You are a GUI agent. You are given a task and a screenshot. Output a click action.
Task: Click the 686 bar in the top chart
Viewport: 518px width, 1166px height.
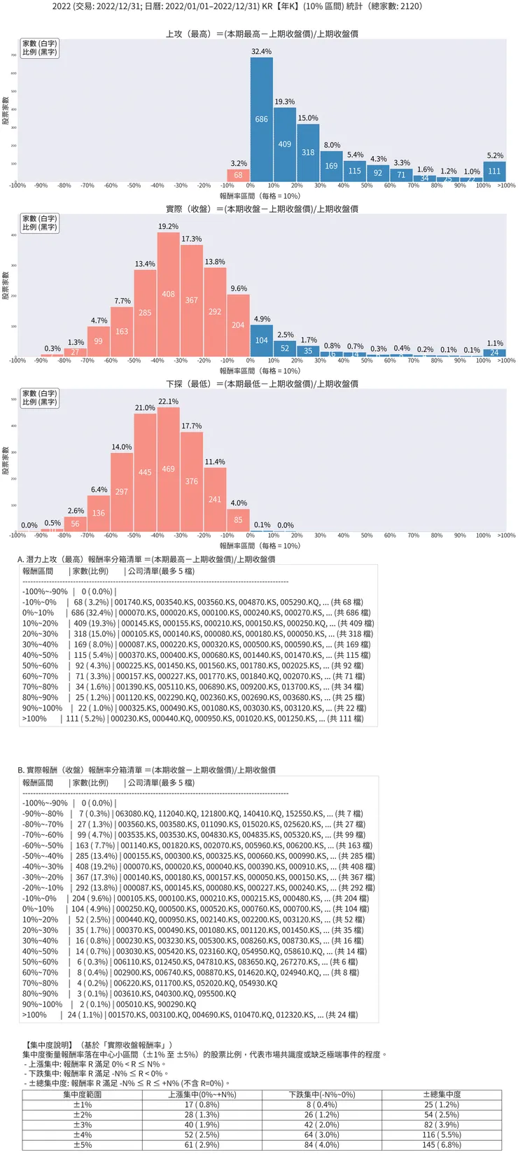tap(262, 119)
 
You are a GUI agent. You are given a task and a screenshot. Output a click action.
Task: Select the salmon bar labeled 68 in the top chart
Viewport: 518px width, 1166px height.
tap(238, 175)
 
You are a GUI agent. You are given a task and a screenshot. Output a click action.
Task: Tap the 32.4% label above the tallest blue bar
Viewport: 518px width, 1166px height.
tap(261, 52)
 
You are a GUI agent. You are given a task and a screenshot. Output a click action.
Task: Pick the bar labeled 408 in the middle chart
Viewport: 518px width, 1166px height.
tap(168, 294)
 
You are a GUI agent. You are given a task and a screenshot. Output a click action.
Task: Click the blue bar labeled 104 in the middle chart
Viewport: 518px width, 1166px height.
tap(261, 340)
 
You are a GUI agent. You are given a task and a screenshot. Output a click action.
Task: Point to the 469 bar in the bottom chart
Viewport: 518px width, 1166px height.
tap(168, 468)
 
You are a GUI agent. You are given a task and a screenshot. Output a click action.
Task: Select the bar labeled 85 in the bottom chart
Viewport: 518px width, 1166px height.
tap(238, 519)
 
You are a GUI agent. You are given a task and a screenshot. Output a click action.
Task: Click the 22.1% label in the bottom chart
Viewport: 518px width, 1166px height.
tap(168, 402)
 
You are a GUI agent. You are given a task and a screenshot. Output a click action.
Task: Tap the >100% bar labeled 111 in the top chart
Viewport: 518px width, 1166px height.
tap(494, 171)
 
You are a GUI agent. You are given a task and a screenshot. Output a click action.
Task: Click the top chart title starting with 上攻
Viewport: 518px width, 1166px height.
tap(262, 34)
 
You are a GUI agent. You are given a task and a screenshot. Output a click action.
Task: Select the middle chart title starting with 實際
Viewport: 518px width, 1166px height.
tap(262, 209)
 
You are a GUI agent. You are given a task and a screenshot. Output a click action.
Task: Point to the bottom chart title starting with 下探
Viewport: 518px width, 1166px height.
tap(262, 384)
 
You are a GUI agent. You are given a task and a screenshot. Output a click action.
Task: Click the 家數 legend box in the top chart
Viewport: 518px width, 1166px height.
tap(39, 48)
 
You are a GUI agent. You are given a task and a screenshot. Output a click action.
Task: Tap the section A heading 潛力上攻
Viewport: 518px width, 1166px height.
tap(146, 559)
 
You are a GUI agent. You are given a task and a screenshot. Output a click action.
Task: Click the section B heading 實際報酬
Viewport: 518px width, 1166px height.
tap(146, 770)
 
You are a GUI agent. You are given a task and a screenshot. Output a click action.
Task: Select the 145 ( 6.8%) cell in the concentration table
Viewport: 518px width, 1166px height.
tap(442, 1145)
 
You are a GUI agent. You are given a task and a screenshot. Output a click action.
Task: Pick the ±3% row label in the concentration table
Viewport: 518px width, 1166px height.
tap(83, 1125)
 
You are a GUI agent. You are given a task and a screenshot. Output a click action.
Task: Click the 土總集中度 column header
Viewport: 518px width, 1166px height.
tap(442, 1095)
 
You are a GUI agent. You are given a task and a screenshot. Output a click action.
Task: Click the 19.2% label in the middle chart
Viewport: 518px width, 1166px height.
tap(168, 227)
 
